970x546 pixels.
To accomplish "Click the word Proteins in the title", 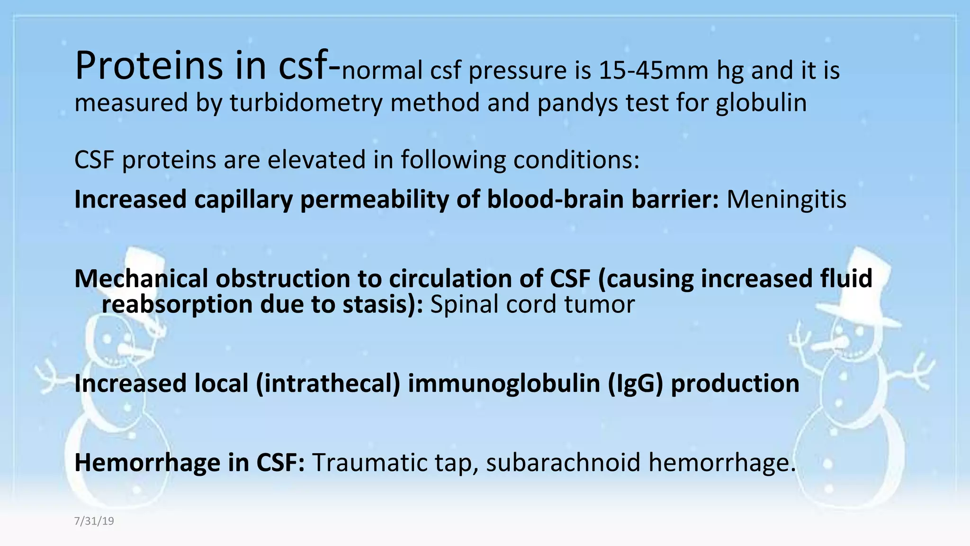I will [x=149, y=66].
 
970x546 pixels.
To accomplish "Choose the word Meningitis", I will [x=786, y=199].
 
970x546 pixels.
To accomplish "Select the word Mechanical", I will [x=141, y=278].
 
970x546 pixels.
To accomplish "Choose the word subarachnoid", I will [x=563, y=462].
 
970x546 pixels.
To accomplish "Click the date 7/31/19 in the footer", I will [x=94, y=521].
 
